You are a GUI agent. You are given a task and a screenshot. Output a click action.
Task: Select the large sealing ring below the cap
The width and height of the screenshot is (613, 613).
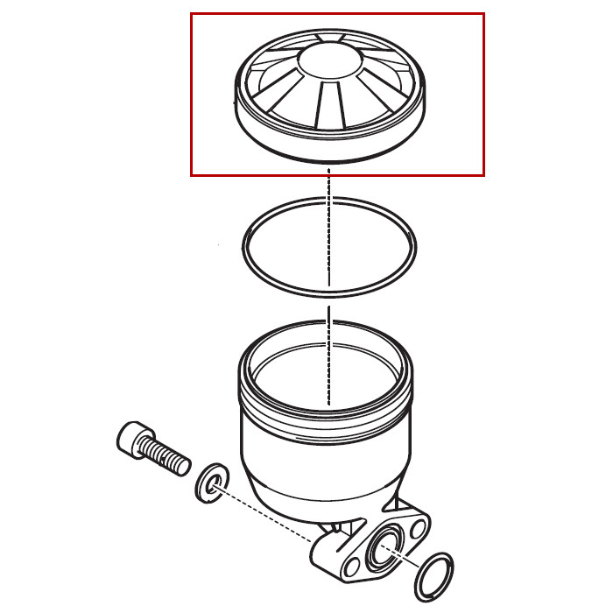click(x=249, y=254)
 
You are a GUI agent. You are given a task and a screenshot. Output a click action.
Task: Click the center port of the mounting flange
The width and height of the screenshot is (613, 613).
click(x=383, y=551)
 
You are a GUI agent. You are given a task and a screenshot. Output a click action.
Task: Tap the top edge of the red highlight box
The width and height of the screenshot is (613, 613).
click(x=337, y=13)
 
